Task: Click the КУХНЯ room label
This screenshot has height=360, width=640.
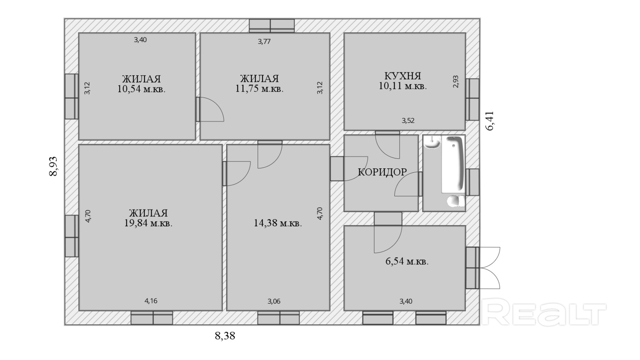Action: [403, 76]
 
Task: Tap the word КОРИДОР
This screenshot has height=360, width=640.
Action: [382, 172]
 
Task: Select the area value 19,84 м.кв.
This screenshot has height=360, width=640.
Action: [148, 223]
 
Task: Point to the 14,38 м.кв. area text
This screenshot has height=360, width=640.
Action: [278, 223]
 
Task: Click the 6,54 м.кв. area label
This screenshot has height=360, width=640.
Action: [407, 261]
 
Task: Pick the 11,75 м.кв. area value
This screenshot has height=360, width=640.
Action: [259, 89]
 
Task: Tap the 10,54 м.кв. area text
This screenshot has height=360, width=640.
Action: [141, 89]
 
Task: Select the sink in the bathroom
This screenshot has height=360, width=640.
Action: [432, 142]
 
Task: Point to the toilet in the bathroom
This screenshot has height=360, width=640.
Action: [456, 201]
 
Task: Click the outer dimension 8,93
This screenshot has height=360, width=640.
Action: [53, 166]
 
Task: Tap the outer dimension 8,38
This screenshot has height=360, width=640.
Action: [225, 336]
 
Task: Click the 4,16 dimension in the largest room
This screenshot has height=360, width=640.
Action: [151, 301]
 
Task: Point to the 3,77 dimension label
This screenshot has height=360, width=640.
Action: [264, 42]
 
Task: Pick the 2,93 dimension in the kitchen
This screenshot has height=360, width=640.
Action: [456, 82]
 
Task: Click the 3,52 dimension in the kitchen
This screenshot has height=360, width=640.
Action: [408, 121]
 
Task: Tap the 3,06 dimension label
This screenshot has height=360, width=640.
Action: [274, 301]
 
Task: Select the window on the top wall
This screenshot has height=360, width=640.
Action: [272, 26]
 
